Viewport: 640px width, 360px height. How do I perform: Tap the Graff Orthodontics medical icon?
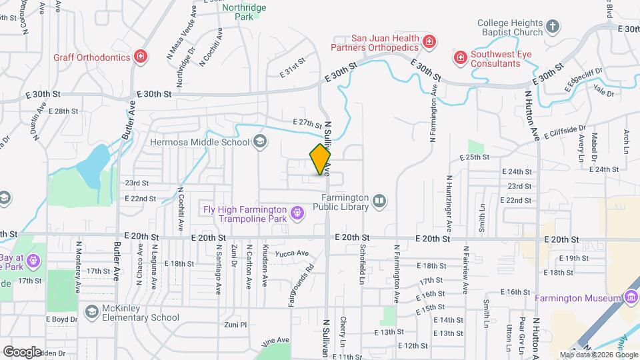(141, 57)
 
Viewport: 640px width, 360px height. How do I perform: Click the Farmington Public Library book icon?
(379, 201)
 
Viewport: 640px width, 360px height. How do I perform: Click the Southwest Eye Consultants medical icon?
(460, 58)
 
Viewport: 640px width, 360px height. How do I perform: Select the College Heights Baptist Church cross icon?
(552, 27)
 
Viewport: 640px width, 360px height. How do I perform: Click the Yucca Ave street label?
(293, 253)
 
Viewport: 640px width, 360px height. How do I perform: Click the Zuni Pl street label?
(235, 325)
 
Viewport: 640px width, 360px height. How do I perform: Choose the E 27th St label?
(307, 123)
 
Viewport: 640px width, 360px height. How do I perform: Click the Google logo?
(22, 351)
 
